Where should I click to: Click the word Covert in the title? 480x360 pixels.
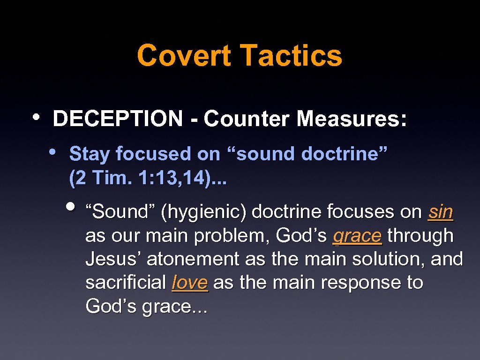(x=184, y=55)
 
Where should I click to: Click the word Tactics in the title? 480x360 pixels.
(x=291, y=55)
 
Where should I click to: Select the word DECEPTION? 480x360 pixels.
(x=118, y=119)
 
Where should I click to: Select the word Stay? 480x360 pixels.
(x=90, y=154)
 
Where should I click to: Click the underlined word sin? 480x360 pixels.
(x=441, y=212)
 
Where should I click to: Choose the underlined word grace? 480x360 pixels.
(x=357, y=236)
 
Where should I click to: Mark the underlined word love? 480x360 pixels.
(x=190, y=283)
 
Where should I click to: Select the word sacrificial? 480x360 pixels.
(x=126, y=283)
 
